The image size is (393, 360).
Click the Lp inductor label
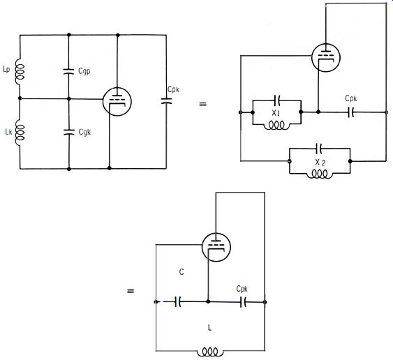6,69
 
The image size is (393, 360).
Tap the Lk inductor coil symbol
20,133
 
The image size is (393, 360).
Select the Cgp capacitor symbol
68,71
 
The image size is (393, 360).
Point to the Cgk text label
84,132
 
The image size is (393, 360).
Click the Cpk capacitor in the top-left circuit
166,100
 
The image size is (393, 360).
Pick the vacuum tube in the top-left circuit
117,102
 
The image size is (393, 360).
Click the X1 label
276,113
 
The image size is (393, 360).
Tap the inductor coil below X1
276,126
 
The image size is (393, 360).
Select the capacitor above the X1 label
277,100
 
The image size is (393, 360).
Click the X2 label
320,163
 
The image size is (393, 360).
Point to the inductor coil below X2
320,174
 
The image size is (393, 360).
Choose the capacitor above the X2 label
319,149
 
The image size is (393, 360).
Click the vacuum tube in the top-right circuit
326,57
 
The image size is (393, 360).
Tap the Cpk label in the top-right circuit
351,98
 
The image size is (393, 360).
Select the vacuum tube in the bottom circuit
216,247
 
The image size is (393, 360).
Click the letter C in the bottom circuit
181,272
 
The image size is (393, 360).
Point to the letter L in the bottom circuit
210,327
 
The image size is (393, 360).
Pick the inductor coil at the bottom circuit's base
210,352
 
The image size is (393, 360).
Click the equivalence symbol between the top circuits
202,104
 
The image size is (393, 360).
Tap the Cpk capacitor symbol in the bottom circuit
243,302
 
